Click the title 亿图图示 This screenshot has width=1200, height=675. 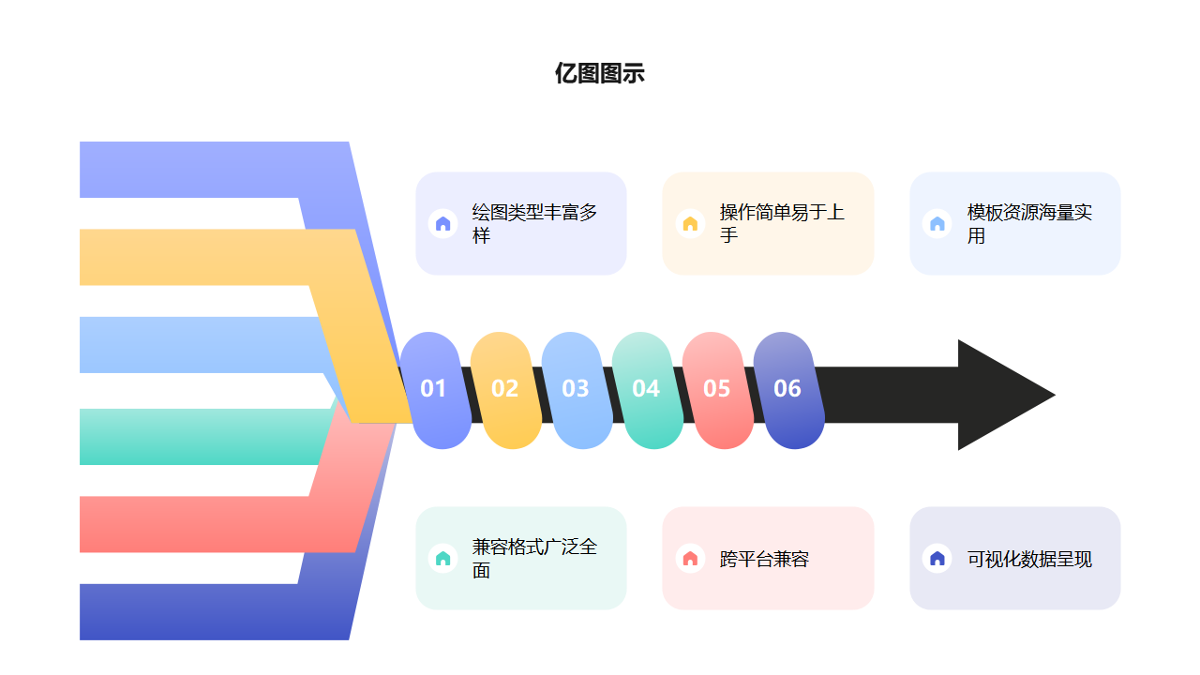click(x=599, y=74)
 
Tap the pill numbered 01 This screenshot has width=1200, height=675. click(x=434, y=389)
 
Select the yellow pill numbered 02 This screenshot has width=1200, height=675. click(x=505, y=389)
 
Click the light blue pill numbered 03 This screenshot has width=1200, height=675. click(x=576, y=389)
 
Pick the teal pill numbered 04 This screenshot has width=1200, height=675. click(x=646, y=389)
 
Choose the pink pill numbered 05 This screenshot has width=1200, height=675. click(x=717, y=389)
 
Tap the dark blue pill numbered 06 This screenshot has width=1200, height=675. click(x=787, y=389)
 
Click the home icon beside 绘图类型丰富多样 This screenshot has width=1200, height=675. click(x=443, y=223)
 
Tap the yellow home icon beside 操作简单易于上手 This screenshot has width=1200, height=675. click(x=690, y=223)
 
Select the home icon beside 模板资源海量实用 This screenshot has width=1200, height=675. click(x=937, y=223)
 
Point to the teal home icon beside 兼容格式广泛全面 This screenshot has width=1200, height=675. click(x=443, y=558)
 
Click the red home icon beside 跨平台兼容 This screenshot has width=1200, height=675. click(x=690, y=558)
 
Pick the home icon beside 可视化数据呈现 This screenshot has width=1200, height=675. click(x=937, y=558)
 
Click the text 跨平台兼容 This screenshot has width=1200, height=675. click(x=764, y=560)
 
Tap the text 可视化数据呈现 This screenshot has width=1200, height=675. click(x=1029, y=560)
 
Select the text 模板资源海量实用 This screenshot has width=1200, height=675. click(x=1029, y=224)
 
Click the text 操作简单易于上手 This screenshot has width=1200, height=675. click(x=782, y=223)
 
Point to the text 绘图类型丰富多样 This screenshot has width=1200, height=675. click(x=534, y=223)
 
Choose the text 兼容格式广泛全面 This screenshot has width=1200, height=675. click(x=534, y=558)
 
